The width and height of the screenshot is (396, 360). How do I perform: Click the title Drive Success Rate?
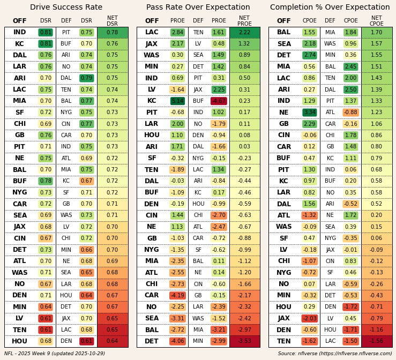(x=66, y=7)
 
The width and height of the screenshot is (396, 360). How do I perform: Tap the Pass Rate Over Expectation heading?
(x=198, y=7)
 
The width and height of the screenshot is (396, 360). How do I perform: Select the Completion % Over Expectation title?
(x=330, y=7)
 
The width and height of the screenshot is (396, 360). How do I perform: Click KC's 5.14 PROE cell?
(x=177, y=101)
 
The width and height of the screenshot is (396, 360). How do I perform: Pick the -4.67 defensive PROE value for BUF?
(x=219, y=101)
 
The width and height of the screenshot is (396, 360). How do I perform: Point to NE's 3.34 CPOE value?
(x=310, y=112)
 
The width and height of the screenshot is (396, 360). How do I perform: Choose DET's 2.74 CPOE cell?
(x=310, y=55)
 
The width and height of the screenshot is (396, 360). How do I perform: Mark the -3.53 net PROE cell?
(x=244, y=341)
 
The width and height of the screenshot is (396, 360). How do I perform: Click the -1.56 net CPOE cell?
(x=377, y=341)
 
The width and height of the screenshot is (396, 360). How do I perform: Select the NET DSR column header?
(x=113, y=21)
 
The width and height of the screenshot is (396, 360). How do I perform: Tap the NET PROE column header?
(x=244, y=21)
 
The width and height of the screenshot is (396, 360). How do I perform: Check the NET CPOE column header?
(x=377, y=21)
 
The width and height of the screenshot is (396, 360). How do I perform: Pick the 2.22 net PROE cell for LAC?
(x=244, y=33)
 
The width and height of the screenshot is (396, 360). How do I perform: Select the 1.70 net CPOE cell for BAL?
(x=377, y=33)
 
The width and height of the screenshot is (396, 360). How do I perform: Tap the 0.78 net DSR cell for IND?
(x=113, y=33)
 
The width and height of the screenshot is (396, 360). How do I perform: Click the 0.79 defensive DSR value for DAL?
(x=86, y=78)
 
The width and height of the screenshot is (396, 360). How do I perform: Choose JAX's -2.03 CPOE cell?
(x=310, y=318)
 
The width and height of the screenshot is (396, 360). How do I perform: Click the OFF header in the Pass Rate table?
(x=152, y=21)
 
